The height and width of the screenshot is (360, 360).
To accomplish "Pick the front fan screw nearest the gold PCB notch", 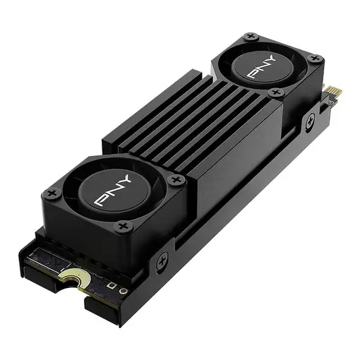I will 124,227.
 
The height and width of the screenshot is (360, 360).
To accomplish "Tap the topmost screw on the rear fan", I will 249,37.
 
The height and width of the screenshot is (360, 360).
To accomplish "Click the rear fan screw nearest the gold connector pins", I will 316,59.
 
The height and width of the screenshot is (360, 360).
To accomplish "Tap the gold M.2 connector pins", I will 334,92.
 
